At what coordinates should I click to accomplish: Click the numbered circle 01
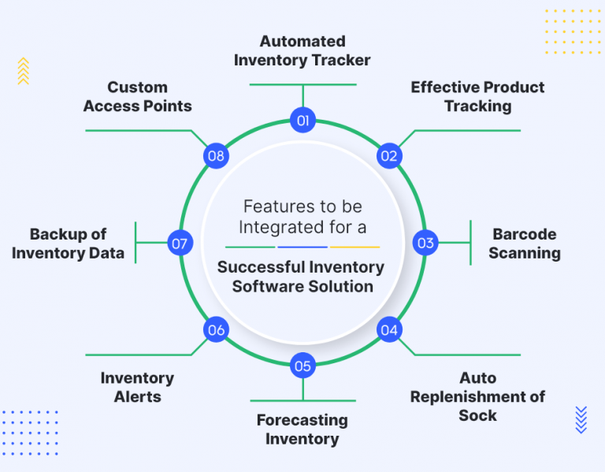(302, 121)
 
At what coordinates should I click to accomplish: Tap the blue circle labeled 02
(389, 155)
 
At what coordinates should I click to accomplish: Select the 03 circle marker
(425, 243)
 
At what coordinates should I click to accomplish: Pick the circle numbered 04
(389, 330)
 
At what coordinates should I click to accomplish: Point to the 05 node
(302, 366)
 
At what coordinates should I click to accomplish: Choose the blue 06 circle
(216, 330)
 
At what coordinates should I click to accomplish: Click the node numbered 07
(180, 243)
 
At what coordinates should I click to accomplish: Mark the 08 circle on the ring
(216, 155)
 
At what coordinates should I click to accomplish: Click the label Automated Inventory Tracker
(302, 50)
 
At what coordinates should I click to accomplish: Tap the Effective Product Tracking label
(477, 96)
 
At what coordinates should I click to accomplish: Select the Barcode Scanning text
(525, 243)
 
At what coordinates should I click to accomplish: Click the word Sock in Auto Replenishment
(477, 415)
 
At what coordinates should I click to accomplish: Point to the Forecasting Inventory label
(302, 429)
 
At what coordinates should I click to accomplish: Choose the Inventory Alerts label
(137, 388)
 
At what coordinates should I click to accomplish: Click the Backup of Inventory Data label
(68, 243)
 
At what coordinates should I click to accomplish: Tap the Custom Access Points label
(138, 96)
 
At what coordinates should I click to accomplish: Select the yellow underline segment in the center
(354, 247)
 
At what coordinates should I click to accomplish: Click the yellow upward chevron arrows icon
(23, 71)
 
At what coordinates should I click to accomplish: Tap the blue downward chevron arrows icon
(581, 419)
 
